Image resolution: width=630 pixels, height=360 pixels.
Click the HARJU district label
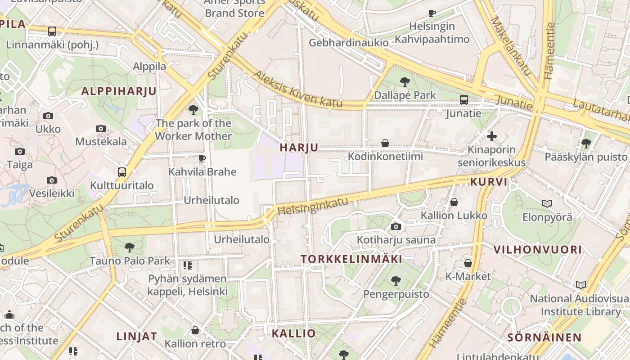[299, 147]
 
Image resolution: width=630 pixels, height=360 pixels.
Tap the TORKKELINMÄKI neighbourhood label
[351, 259]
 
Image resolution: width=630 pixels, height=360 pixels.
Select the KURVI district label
[489, 182]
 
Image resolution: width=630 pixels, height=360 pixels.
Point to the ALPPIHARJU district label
[119, 91]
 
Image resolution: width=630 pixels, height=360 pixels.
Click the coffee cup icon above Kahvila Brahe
[202, 158]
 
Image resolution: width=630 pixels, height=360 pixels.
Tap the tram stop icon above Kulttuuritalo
[121, 172]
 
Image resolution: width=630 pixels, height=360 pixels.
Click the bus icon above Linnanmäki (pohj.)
[52, 31]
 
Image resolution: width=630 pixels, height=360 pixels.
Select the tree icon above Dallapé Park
[405, 82]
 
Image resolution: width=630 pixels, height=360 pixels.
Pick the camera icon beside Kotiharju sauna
[396, 226]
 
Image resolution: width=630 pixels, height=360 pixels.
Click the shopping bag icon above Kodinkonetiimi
[385, 143]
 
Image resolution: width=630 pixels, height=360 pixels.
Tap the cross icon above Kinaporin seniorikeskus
[492, 136]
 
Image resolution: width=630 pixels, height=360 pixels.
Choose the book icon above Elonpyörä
[547, 204]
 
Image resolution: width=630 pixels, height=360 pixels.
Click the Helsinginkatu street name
[313, 206]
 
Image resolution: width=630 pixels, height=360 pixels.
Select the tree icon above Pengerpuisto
[396, 281]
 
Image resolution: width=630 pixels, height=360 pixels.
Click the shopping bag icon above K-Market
[468, 263]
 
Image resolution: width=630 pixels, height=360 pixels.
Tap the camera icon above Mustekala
[101, 129]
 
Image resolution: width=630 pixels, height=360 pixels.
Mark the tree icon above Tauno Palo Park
[130, 247]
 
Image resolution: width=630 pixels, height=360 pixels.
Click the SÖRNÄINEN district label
[544, 337]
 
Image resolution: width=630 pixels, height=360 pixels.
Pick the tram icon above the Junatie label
[463, 100]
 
